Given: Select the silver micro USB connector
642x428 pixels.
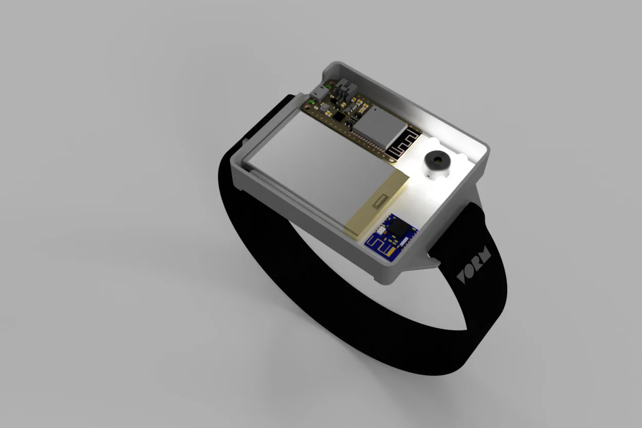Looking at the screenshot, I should [319, 94].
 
